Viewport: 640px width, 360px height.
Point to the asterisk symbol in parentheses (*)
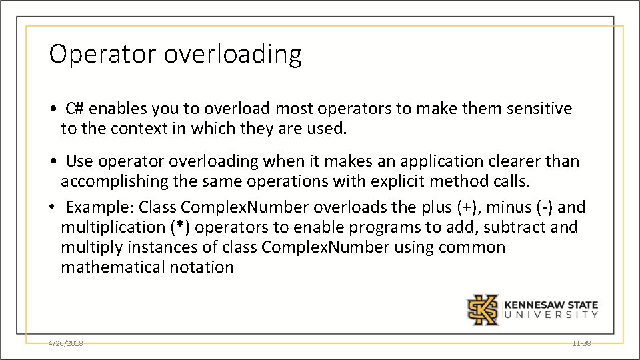tap(179, 227)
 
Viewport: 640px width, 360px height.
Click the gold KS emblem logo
tap(481, 309)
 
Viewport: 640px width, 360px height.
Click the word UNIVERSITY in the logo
tap(551, 315)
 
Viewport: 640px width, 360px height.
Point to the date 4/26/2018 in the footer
tap(65, 343)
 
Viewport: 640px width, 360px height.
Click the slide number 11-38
tap(581, 343)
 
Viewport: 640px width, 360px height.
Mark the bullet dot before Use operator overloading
tap(52, 162)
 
